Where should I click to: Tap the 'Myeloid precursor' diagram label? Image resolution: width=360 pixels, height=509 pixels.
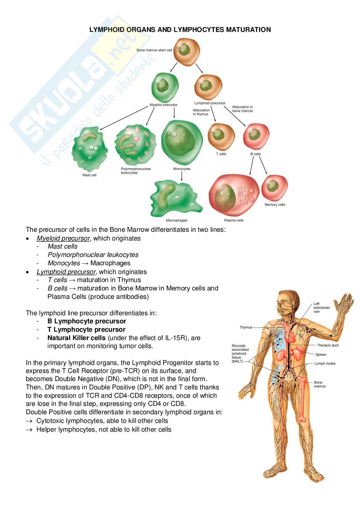click(164, 105)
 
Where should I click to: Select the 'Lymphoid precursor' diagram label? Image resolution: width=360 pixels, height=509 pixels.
click(210, 103)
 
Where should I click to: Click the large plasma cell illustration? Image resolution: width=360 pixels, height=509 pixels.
click(234, 197)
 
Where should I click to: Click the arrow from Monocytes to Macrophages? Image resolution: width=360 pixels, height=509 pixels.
click(182, 176)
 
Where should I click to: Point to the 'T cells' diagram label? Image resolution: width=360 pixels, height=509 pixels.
click(221, 154)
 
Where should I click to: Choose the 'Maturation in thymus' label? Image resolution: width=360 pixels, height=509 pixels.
click(201, 112)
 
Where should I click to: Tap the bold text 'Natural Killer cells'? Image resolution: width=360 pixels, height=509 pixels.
click(76, 338)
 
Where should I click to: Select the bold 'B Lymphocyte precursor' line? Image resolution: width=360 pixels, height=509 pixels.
click(86, 321)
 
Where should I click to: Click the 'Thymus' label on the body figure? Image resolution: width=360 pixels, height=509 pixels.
click(246, 327)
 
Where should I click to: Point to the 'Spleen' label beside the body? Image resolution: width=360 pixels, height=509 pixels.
click(321, 355)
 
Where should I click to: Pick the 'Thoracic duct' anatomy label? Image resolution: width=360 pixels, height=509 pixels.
click(328, 345)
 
